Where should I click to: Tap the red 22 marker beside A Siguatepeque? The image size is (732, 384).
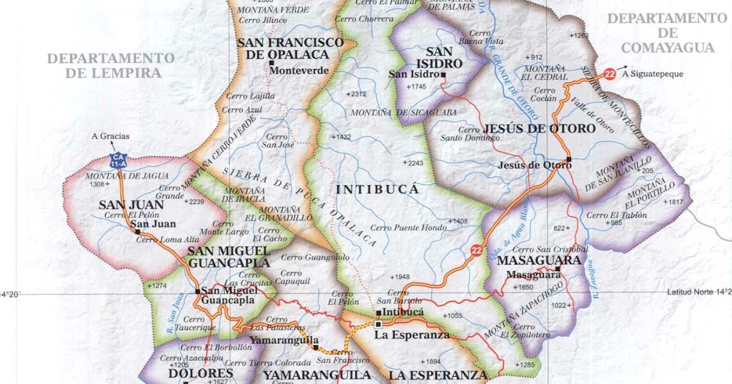(609, 74)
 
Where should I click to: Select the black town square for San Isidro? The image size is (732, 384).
(443, 75)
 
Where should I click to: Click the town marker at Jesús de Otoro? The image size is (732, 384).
(568, 160)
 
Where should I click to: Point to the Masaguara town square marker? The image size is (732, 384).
(557, 268)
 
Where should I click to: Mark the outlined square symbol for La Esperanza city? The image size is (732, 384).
(378, 324)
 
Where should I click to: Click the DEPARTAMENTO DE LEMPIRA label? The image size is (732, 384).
(110, 65)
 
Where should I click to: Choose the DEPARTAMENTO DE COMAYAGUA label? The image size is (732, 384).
(667, 33)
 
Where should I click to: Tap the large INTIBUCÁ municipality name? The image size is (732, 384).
(377, 190)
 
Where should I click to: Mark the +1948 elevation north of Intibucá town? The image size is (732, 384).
(400, 276)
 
